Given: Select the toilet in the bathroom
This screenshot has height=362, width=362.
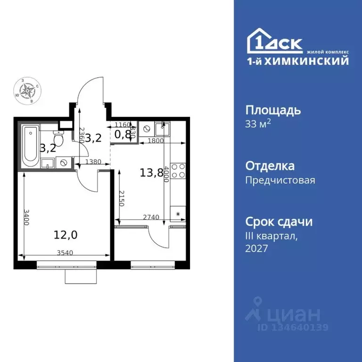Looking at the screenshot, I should point(58,139).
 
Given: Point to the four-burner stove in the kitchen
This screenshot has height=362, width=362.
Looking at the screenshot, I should point(178,170).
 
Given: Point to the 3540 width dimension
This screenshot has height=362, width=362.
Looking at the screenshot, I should point(66,253).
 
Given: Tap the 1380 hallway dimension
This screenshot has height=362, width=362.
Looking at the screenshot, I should point(93,162).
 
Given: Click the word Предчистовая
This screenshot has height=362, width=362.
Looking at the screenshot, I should point(280,180).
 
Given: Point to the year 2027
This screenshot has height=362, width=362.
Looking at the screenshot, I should point(256,248).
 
